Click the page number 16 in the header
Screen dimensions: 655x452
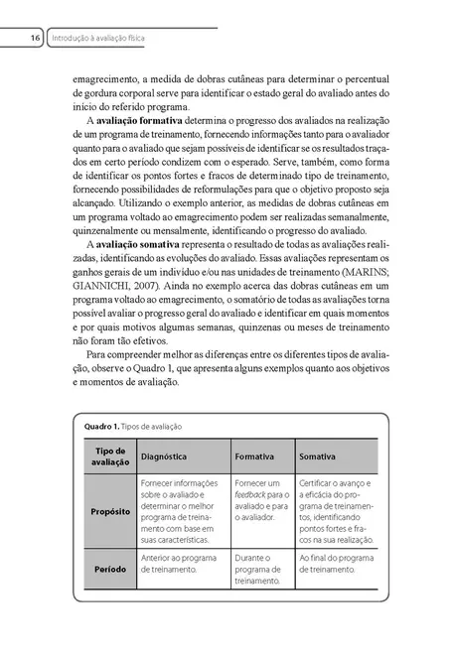(x=34, y=38)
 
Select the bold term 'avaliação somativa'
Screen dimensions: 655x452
(x=140, y=243)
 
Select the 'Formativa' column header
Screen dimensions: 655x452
(x=254, y=456)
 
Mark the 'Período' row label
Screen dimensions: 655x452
(x=103, y=571)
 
